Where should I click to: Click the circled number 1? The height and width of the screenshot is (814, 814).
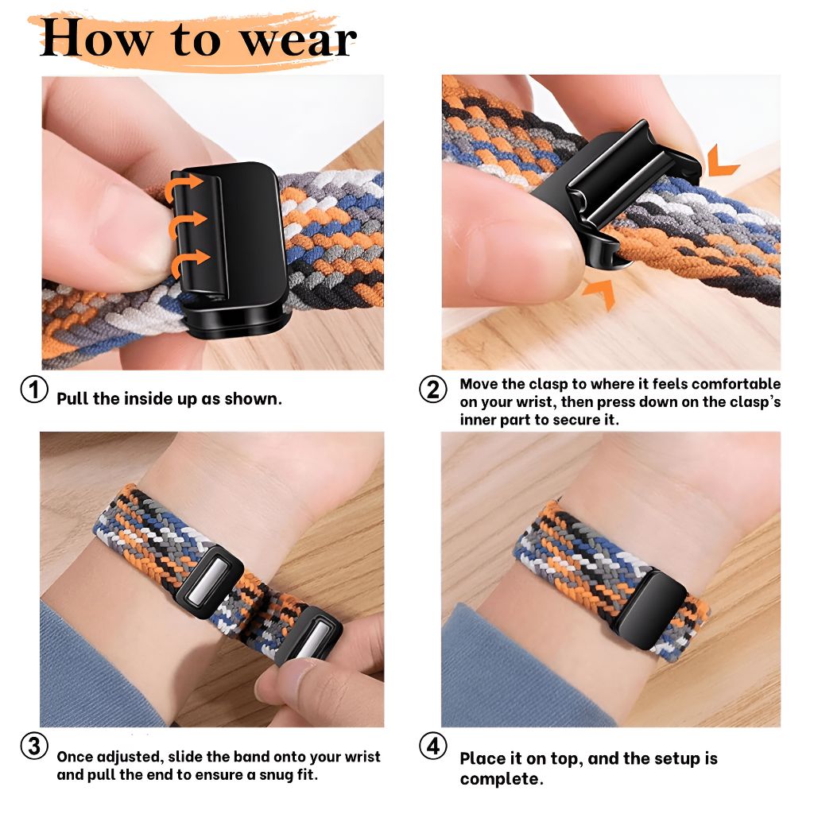point(33,390)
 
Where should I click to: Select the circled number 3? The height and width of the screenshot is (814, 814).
point(33,746)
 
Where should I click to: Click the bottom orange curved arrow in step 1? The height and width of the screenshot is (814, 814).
point(190,259)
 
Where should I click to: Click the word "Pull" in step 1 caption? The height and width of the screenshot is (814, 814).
point(72,398)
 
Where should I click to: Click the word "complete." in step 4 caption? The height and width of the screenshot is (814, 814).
point(502,778)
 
